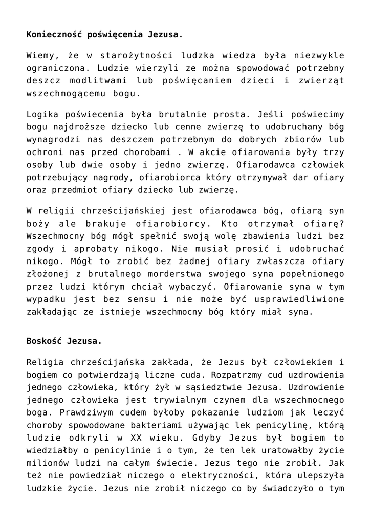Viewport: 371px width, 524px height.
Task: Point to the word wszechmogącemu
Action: click(x=60, y=94)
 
